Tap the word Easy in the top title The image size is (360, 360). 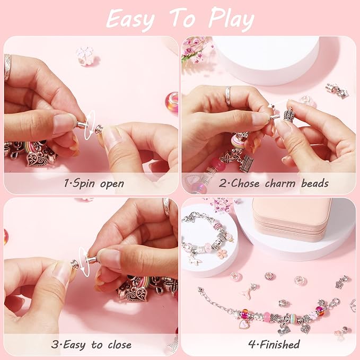click(x=130, y=19)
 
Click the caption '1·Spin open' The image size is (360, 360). click(x=94, y=183)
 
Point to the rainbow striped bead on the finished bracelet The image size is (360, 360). click(x=264, y=317)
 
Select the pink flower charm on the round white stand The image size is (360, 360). click(x=222, y=253)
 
